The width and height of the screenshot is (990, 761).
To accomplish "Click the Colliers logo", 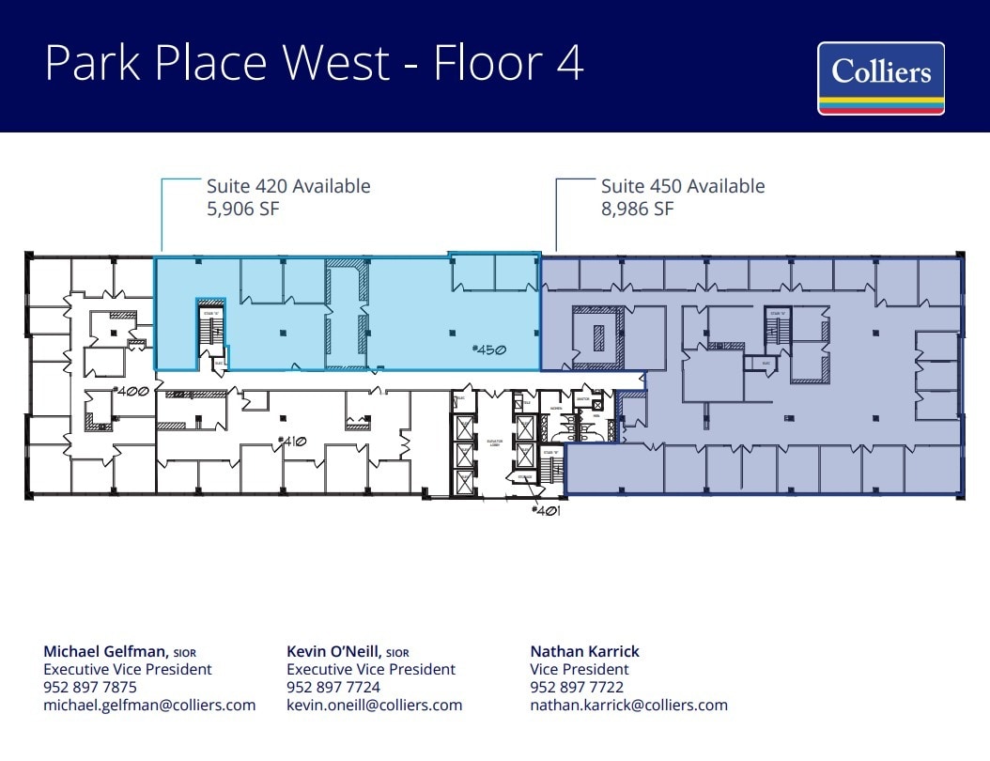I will coord(880,78).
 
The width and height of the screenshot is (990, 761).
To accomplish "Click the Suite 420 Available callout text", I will coord(288,186).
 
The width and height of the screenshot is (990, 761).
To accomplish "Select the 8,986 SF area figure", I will coord(637,209).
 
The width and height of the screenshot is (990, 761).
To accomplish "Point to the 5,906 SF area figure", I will coord(243,209).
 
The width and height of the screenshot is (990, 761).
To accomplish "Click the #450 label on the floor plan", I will coord(489,349).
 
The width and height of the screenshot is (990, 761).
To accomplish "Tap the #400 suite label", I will coord(131,390).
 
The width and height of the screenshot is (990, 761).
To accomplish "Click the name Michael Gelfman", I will coord(105,651).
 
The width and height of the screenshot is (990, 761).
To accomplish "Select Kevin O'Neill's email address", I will coord(374,705).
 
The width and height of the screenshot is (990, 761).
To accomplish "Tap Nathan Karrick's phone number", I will coord(577,687).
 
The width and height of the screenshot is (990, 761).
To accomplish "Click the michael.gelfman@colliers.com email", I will coord(149,705).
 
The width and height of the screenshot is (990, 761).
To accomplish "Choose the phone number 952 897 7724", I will coord(333,687).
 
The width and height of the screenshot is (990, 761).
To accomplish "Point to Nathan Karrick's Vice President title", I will coord(580,669).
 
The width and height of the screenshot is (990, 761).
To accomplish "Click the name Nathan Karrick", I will coord(584,651).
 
